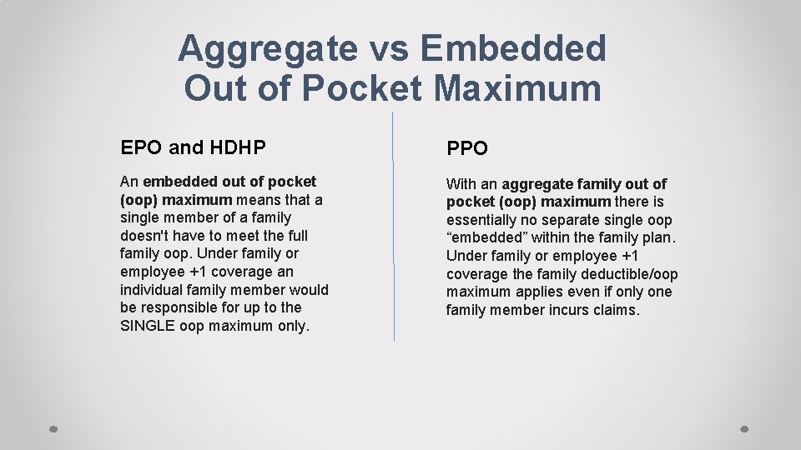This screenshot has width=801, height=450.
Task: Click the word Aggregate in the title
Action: point(267,49)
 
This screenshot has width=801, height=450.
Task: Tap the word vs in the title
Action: point(388,49)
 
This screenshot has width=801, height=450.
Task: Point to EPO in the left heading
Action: point(141,148)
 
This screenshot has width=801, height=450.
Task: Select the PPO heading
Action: point(467,149)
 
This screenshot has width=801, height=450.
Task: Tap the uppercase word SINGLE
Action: point(147,326)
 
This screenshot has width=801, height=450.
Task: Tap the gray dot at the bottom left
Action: point(53,429)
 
